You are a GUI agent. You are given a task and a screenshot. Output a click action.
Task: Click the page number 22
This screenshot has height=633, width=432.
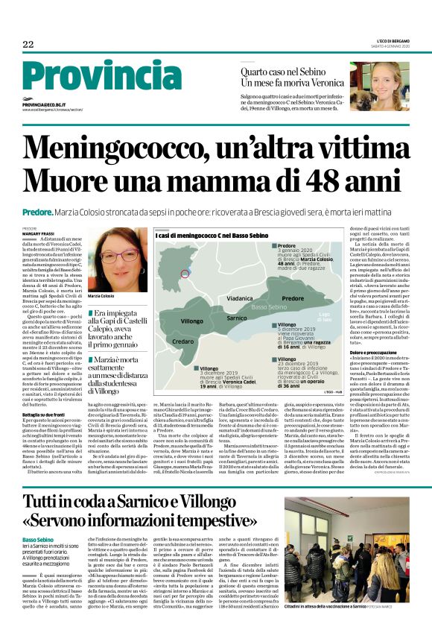28,45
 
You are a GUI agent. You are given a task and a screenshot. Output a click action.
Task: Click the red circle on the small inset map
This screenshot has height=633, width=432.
185,274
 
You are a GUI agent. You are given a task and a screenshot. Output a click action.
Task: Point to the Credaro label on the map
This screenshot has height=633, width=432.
183,341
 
